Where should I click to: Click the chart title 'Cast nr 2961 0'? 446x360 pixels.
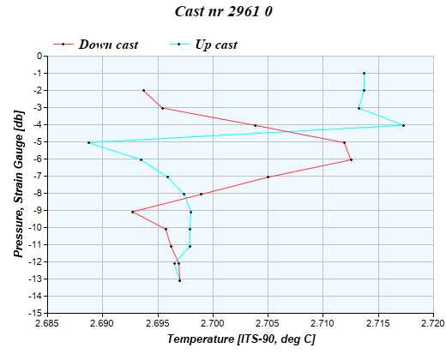click(x=223, y=13)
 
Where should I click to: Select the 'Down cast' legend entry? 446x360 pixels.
click(x=108, y=45)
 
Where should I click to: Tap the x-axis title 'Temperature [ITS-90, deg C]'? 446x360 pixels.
click(x=241, y=340)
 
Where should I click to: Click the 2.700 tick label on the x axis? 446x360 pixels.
click(x=213, y=324)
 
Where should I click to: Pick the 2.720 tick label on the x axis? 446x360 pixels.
click(x=433, y=324)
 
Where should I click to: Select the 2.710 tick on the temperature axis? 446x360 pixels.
click(x=323, y=324)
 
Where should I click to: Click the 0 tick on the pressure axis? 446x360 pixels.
click(x=39, y=57)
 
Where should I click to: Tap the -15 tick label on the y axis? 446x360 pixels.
click(x=35, y=314)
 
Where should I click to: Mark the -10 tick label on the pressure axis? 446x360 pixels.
click(x=35, y=228)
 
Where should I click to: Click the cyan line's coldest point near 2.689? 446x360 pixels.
click(x=88, y=142)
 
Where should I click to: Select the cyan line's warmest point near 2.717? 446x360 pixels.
click(x=403, y=125)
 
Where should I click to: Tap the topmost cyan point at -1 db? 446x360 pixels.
click(x=364, y=74)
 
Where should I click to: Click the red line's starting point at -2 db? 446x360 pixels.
click(x=143, y=90)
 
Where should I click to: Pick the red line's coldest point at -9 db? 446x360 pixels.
click(x=132, y=212)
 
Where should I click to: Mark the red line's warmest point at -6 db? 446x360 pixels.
click(x=351, y=159)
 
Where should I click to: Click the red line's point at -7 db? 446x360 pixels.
click(x=268, y=177)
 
